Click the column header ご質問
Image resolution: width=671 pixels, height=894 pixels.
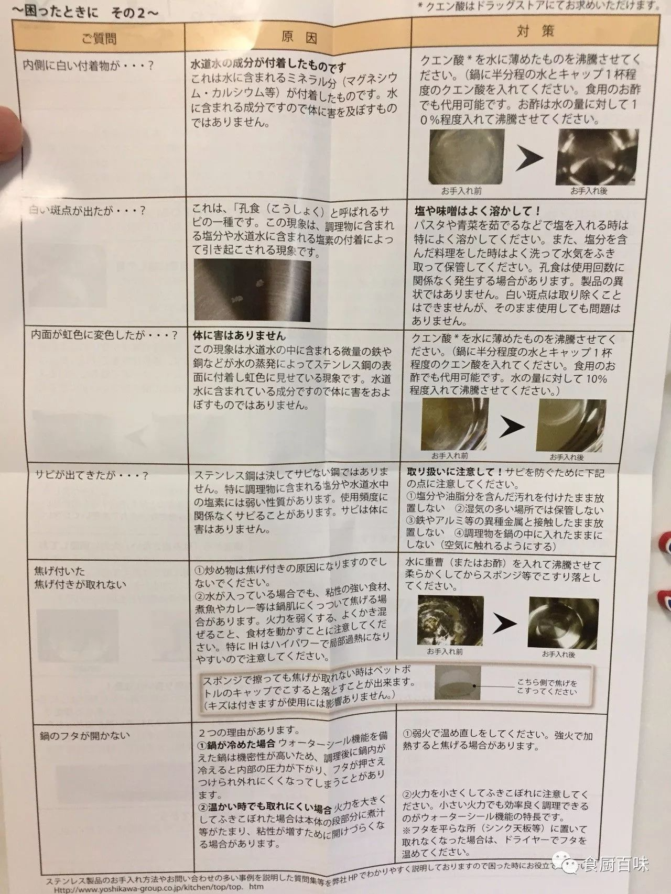coord(99,38)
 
